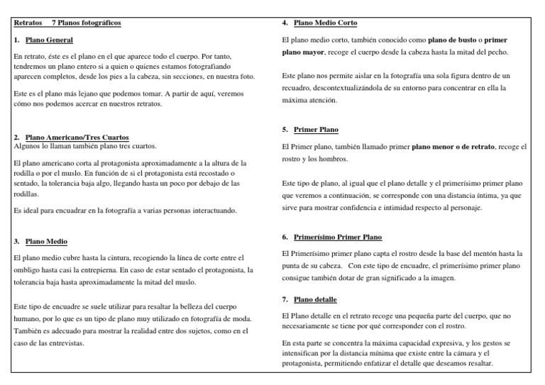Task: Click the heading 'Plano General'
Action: pyautogui.click(x=49, y=40)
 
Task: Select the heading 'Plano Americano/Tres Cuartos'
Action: pyautogui.click(x=77, y=137)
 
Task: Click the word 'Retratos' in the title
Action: pyautogui.click(x=28, y=23)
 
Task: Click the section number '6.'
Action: pyautogui.click(x=285, y=237)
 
